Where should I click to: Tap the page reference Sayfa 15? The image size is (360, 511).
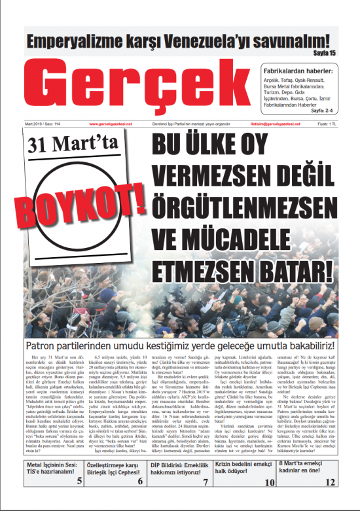pyautogui.click(x=325, y=53)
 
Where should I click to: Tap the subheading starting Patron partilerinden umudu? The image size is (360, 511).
pyautogui.click(x=180, y=345)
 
